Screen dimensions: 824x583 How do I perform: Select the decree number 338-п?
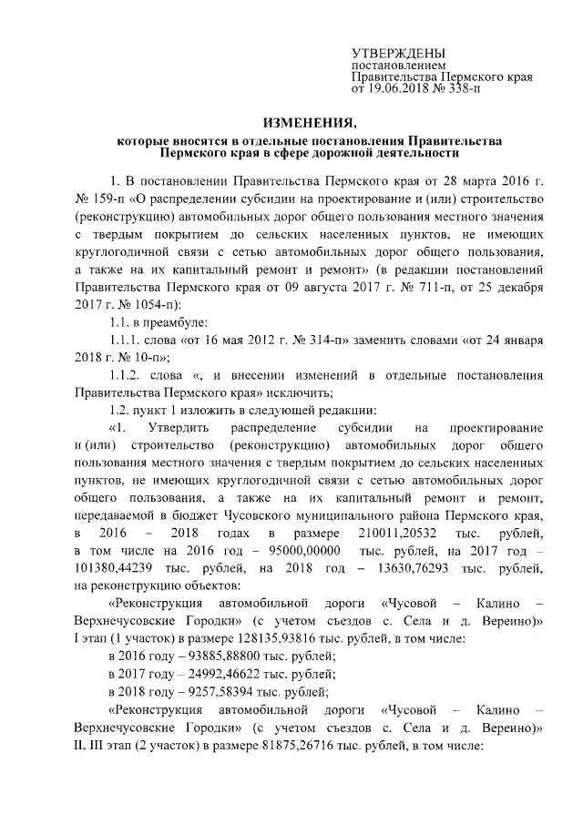460,90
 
